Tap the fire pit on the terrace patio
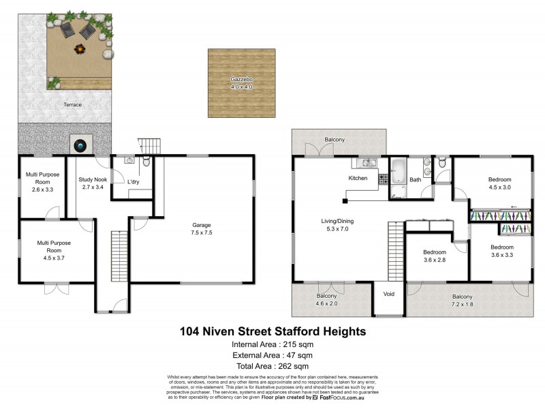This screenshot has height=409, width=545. point(80,50)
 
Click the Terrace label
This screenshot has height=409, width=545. point(73,104)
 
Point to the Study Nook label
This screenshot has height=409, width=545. point(91,183)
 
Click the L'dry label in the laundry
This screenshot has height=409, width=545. point(134,181)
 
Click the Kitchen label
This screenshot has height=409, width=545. point(358,179)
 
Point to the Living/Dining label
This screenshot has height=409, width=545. point(339,225)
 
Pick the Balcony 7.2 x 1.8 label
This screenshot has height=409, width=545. point(463,300)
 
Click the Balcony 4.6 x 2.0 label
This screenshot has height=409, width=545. point(327,300)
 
